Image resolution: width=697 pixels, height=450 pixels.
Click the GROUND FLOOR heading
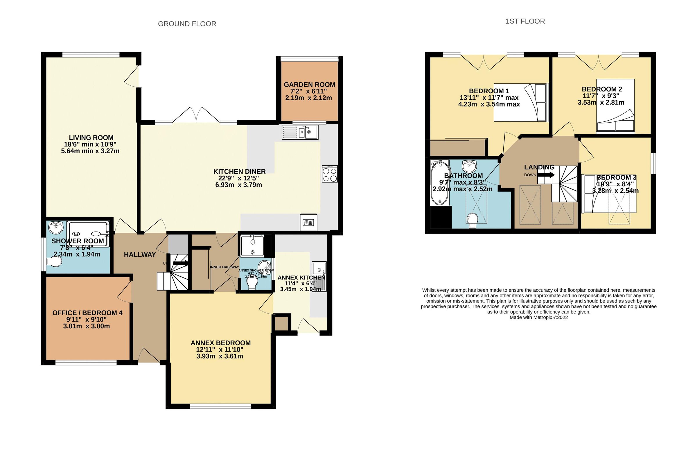187,24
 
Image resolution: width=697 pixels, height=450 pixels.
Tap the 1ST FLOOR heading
525,21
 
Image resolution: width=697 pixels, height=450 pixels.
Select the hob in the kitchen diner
330,174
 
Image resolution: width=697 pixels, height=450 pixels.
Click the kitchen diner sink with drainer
300,132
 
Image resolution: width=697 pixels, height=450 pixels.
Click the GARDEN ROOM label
309,85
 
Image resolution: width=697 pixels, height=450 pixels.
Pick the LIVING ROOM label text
91,138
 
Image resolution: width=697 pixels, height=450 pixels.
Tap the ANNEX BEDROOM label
220,343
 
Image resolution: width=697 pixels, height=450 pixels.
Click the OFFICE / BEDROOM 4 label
87,313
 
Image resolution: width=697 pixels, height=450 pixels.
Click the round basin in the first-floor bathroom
469,166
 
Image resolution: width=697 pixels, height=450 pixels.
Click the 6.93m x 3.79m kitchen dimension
238,185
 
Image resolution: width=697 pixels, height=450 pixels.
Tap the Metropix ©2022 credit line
538,317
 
